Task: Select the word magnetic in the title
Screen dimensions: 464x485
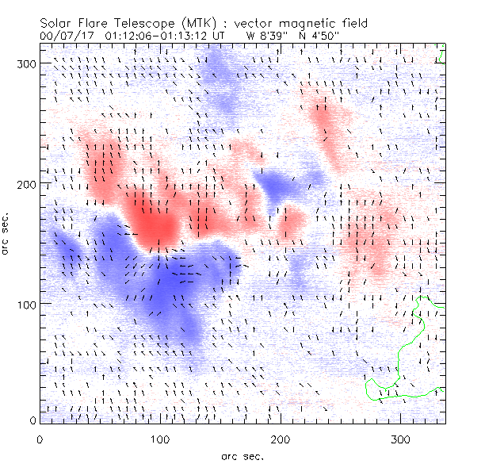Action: click(x=294, y=23)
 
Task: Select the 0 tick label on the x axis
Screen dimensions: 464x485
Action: click(x=39, y=439)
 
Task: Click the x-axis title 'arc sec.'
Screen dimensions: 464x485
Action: click(x=242, y=455)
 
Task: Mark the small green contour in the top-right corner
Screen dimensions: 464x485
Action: click(x=442, y=57)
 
